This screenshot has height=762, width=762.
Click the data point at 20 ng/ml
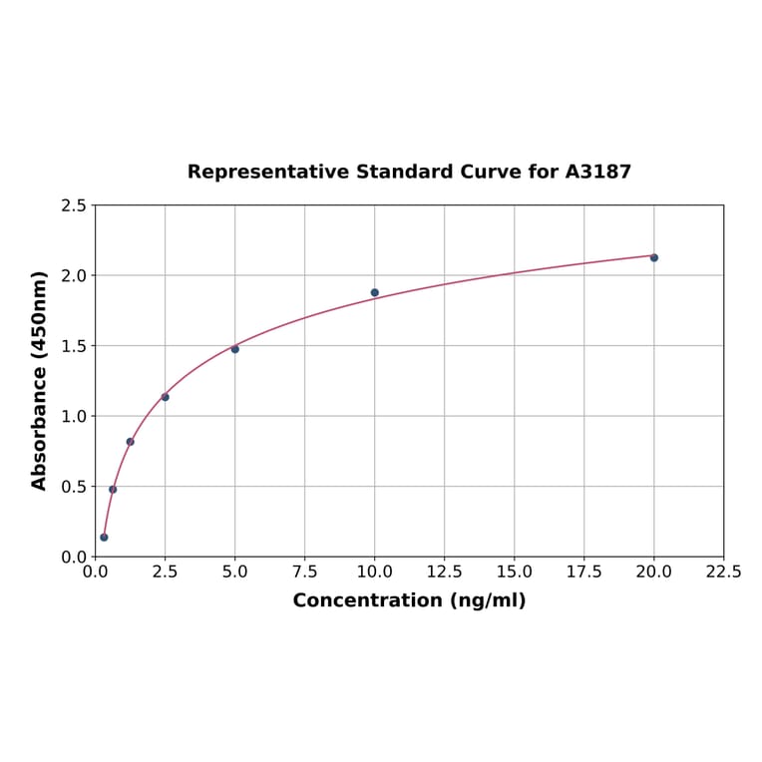[654, 257]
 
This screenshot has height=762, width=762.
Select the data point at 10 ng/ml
[375, 292]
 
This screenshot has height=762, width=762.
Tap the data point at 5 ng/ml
[235, 349]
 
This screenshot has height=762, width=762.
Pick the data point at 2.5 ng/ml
[166, 397]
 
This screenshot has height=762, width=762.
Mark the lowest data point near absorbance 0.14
[104, 538]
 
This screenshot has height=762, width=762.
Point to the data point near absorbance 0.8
[131, 442]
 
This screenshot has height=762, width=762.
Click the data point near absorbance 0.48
[113, 489]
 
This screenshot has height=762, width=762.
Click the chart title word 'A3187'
[598, 172]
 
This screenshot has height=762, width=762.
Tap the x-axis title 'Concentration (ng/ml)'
[409, 600]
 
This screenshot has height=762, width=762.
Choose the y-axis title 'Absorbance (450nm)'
[40, 380]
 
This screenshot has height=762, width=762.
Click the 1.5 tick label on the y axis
[74, 346]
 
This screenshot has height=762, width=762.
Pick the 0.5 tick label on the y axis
[74, 487]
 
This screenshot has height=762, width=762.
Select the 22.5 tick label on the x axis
[723, 572]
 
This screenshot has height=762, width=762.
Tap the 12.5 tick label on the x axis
[445, 572]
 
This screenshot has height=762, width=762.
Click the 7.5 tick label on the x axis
[305, 572]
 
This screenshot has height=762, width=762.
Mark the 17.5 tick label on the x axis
[584, 572]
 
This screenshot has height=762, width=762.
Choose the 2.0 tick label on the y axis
[74, 275]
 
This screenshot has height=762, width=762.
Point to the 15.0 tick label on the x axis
[515, 572]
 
